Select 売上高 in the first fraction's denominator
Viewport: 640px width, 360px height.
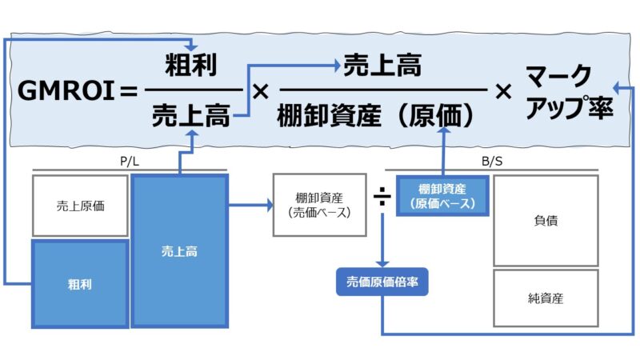(193, 118)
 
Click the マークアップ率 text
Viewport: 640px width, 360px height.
(569, 92)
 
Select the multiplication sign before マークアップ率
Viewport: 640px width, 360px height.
(503, 92)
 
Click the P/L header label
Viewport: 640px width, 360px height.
(130, 162)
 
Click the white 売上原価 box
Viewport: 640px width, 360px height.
(80, 206)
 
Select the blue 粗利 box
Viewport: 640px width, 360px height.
(80, 283)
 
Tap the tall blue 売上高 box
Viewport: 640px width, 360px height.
(179, 251)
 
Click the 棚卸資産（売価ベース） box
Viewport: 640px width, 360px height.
(308, 206)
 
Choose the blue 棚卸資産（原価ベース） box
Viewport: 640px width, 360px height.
(442, 197)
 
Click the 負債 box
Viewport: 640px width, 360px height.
(546, 221)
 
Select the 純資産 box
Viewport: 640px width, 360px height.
(546, 298)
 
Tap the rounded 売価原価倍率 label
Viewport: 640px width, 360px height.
(382, 282)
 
